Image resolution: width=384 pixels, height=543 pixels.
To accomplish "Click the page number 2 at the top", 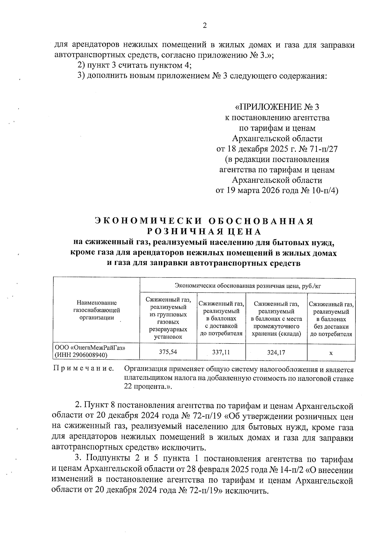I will coord(205,26).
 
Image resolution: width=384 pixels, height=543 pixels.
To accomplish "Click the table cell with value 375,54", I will coord(168,352).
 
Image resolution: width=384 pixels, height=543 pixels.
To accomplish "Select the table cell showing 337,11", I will coord(221,352).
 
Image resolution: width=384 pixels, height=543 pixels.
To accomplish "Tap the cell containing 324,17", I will coord(276,352).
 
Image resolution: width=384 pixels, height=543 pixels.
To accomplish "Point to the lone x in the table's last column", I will coord(331,353).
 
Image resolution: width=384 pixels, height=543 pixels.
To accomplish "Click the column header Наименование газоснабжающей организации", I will coord(97,310).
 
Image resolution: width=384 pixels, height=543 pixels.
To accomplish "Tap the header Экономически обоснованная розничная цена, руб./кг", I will coord(248,286).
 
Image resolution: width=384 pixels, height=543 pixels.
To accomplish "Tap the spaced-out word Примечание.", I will coord(84,369).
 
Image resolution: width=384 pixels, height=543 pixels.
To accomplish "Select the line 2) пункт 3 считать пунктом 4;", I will coord(135,65).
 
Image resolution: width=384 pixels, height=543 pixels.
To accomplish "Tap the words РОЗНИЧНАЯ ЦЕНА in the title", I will coord(204,231).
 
